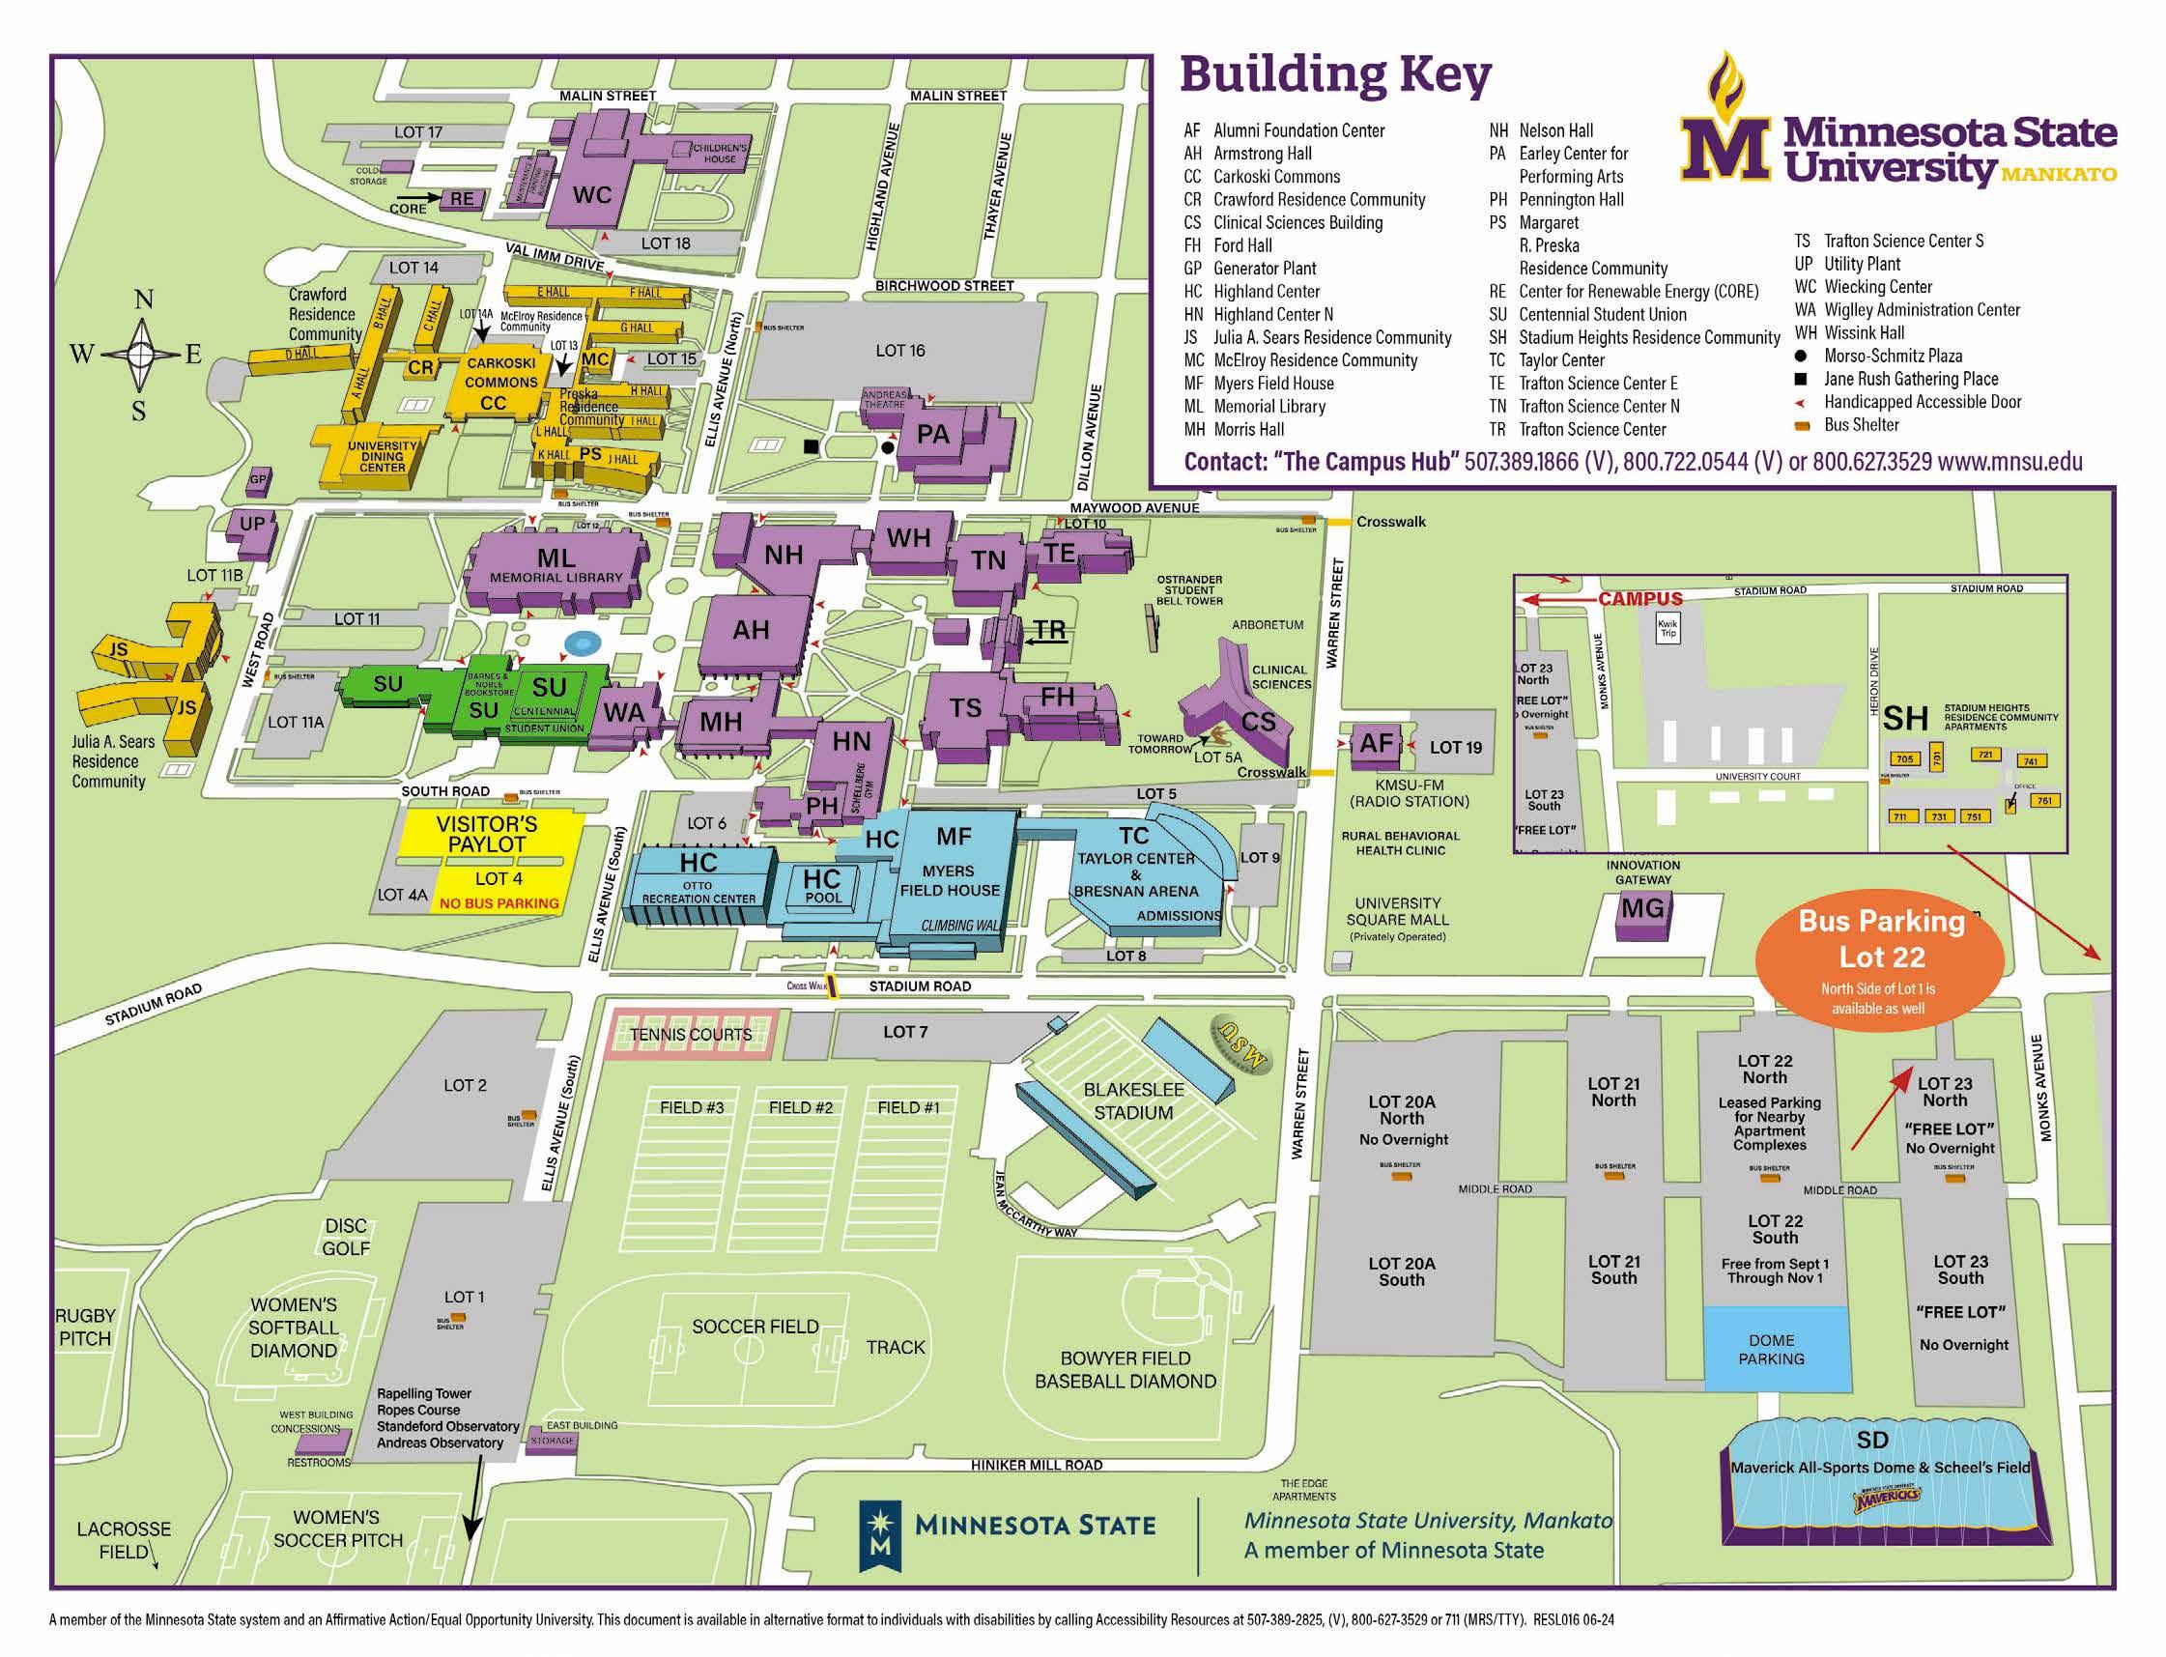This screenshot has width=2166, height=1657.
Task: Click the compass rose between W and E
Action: point(139,353)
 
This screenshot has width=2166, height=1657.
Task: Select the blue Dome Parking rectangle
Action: point(1776,1348)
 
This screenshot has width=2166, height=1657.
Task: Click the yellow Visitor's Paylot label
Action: point(487,835)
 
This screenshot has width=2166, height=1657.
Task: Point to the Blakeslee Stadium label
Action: point(1133,1100)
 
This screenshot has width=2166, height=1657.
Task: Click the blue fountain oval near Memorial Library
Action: point(583,644)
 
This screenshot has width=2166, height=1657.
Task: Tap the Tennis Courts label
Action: point(691,1035)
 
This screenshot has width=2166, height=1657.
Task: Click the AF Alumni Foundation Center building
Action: point(1376,744)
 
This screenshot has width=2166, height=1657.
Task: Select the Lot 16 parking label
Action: point(899,350)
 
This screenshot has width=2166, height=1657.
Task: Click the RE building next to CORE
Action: point(462,199)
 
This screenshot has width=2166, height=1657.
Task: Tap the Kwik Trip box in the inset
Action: point(1667,628)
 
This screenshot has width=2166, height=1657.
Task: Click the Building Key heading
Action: point(1334,76)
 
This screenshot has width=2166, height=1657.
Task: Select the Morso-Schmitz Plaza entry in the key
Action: point(1892,357)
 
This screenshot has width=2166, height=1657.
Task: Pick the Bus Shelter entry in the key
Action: point(1861,425)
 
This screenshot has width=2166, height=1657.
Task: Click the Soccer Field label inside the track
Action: point(755,1327)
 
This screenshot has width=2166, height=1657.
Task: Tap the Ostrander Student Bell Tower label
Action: point(1189,589)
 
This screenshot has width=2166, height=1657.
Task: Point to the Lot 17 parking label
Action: point(418,132)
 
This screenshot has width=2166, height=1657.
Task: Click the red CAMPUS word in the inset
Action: point(1640,599)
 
